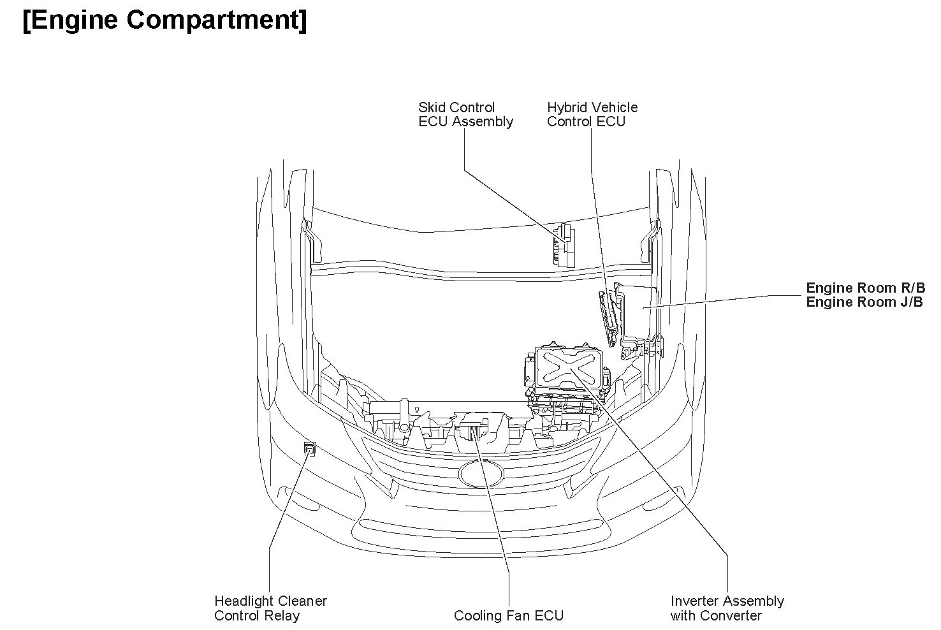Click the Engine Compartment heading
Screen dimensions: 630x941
tap(164, 20)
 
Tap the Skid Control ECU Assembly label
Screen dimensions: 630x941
tap(465, 115)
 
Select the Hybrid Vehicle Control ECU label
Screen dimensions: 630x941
tap(592, 115)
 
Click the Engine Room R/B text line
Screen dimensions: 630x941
tap(865, 288)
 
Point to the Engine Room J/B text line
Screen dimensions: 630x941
tap(864, 302)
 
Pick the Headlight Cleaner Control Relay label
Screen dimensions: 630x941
tap(270, 608)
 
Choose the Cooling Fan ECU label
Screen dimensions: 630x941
tap(508, 615)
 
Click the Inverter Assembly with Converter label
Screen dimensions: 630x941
tap(727, 608)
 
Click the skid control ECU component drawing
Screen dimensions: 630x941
tap(564, 245)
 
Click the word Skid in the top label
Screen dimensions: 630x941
tap(430, 108)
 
